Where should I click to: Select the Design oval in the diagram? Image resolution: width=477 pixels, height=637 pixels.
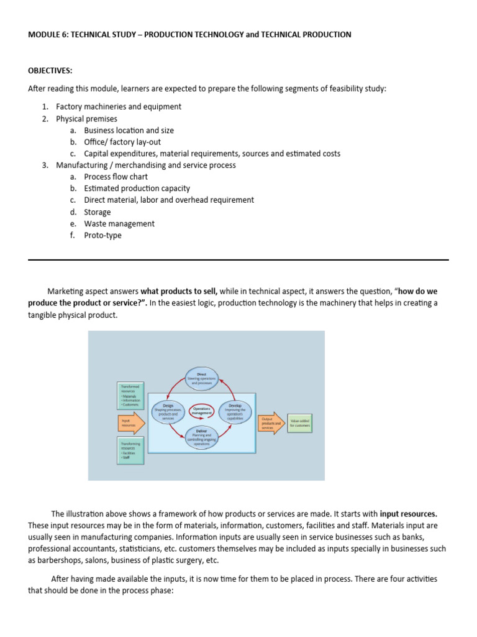[x=168, y=412]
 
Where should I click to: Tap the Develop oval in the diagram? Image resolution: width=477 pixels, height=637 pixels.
[x=235, y=412]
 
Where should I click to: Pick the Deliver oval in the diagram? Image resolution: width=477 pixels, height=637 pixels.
[x=201, y=439]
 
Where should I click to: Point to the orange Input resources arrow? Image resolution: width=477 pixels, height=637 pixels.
[x=131, y=422]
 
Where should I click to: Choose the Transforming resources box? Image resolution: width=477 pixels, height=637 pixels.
[x=130, y=451]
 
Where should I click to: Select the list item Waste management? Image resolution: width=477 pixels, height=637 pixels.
[x=119, y=224]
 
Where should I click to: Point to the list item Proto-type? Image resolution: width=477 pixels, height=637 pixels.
[x=103, y=236]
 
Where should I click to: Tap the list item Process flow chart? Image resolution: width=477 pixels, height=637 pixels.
[x=116, y=177]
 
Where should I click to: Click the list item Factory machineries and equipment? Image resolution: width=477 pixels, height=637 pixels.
[x=119, y=107]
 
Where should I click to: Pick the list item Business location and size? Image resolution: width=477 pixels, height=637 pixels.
[x=129, y=131]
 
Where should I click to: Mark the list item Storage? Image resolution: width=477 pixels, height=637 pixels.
[x=98, y=212]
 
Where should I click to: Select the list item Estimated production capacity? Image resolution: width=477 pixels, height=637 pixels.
[x=137, y=188]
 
